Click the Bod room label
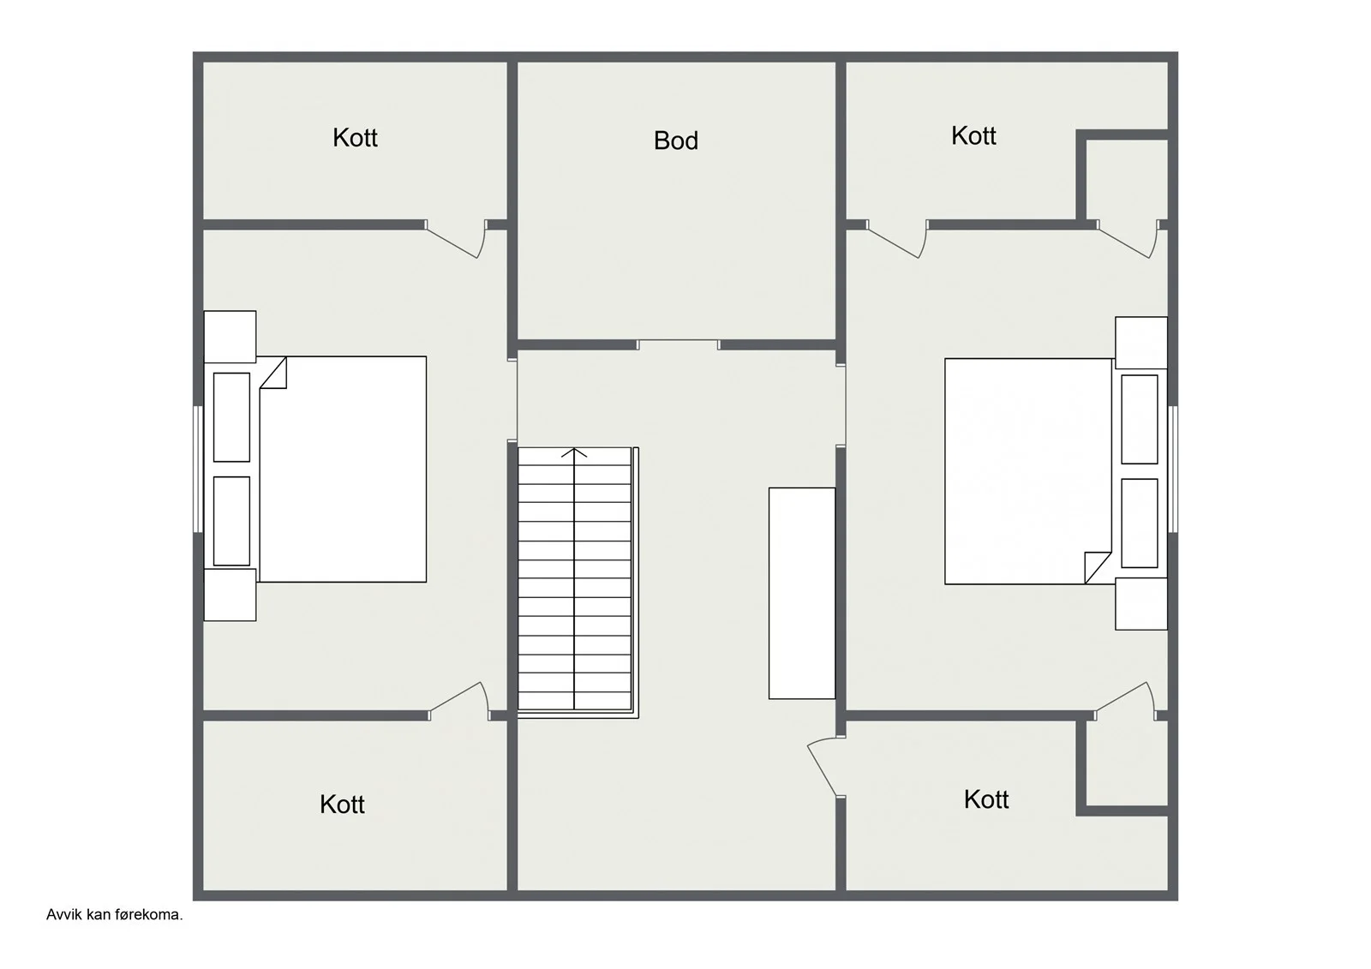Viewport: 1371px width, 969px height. click(x=676, y=141)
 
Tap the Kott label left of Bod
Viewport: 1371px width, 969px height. click(x=355, y=138)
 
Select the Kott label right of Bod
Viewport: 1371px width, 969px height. click(x=973, y=136)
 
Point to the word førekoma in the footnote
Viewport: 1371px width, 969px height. click(x=145, y=914)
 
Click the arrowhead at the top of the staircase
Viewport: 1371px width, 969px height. click(x=574, y=452)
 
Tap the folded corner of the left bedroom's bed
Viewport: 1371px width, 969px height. click(x=273, y=372)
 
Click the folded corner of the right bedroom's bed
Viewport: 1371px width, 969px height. click(x=1098, y=567)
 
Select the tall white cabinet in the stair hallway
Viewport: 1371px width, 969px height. click(x=802, y=593)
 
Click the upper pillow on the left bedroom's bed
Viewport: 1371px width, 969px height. click(x=231, y=417)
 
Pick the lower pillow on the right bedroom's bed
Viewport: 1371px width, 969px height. click(x=1139, y=523)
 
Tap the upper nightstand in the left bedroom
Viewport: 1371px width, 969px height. click(x=230, y=337)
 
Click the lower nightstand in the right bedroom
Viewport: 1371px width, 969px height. click(x=1141, y=604)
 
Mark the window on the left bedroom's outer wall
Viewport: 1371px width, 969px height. click(x=198, y=469)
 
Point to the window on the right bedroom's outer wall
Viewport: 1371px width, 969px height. click(x=1173, y=469)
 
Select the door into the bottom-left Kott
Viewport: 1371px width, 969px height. click(x=459, y=701)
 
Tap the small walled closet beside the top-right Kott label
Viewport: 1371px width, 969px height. click(x=1127, y=179)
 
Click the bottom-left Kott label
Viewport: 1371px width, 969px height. click(x=342, y=805)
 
